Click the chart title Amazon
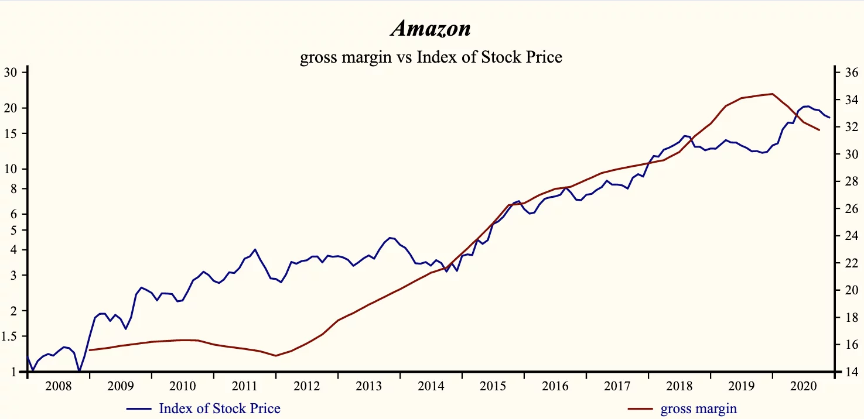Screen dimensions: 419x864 431,28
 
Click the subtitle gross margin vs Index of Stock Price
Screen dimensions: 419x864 431,57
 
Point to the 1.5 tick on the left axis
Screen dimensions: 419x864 11,336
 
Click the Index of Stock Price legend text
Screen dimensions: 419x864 220,408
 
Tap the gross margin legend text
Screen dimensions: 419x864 699,408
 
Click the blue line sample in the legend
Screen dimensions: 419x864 139,408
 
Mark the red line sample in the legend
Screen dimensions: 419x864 640,408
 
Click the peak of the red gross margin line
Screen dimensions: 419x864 773,94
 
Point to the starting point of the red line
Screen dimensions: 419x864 89,350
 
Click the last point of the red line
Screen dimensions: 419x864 819,130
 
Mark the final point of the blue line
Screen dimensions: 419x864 829,118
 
